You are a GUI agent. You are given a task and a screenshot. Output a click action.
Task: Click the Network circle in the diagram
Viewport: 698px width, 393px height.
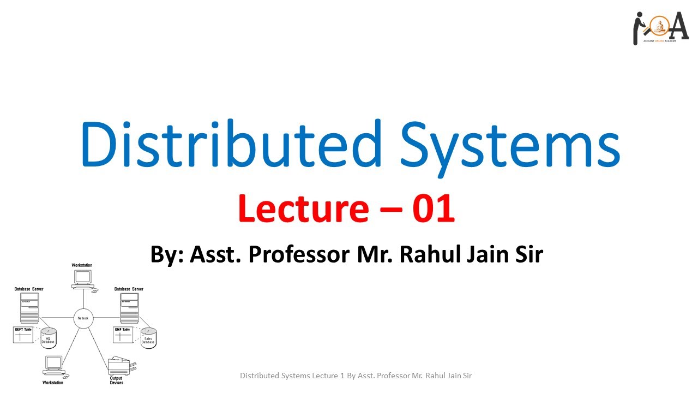(x=83, y=318)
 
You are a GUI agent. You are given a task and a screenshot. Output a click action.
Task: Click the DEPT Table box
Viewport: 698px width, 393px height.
(x=23, y=335)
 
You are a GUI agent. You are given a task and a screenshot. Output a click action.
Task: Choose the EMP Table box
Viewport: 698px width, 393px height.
(x=123, y=335)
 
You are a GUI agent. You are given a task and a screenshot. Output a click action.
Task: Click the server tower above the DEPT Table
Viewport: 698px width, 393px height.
(x=29, y=307)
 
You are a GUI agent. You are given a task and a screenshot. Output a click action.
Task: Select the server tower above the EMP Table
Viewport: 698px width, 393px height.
(x=129, y=307)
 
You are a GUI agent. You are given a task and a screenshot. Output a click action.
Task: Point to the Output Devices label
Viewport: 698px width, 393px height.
(x=116, y=380)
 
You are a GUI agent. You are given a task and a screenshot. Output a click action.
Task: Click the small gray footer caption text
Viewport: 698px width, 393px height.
(x=356, y=376)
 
